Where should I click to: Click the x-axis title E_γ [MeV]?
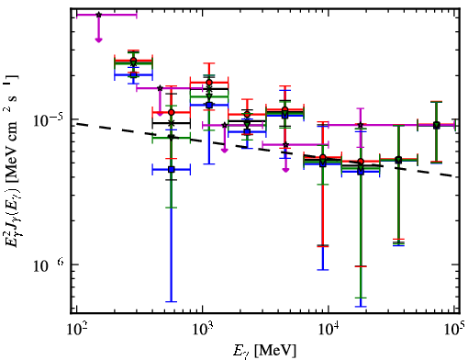click(x=264, y=350)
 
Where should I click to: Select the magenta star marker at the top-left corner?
click(x=98, y=15)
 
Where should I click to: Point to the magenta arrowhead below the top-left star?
click(x=98, y=39)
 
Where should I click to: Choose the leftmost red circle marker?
click(x=133, y=61)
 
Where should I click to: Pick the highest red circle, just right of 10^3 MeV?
click(x=209, y=83)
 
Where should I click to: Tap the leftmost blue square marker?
click(x=133, y=74)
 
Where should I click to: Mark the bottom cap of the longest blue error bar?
click(x=172, y=301)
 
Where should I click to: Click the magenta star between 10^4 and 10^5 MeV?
click(x=361, y=125)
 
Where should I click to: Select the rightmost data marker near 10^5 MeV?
click(x=437, y=125)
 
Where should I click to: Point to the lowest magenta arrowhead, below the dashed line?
click(x=285, y=170)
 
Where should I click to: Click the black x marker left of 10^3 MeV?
click(x=172, y=123)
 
